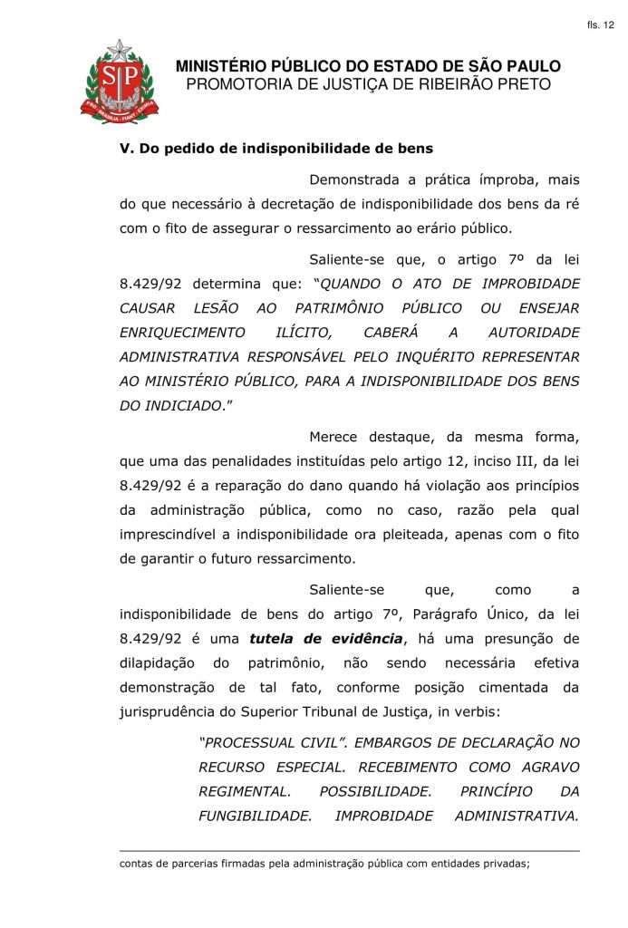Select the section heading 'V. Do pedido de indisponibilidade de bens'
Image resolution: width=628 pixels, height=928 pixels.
click(x=276, y=147)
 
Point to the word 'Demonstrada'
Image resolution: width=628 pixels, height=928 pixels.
click(x=355, y=179)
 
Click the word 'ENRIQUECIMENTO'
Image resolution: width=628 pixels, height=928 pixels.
click(x=182, y=333)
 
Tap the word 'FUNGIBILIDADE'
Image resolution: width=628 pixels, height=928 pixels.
click(x=255, y=816)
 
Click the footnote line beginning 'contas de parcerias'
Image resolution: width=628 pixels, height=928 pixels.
click(x=324, y=864)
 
